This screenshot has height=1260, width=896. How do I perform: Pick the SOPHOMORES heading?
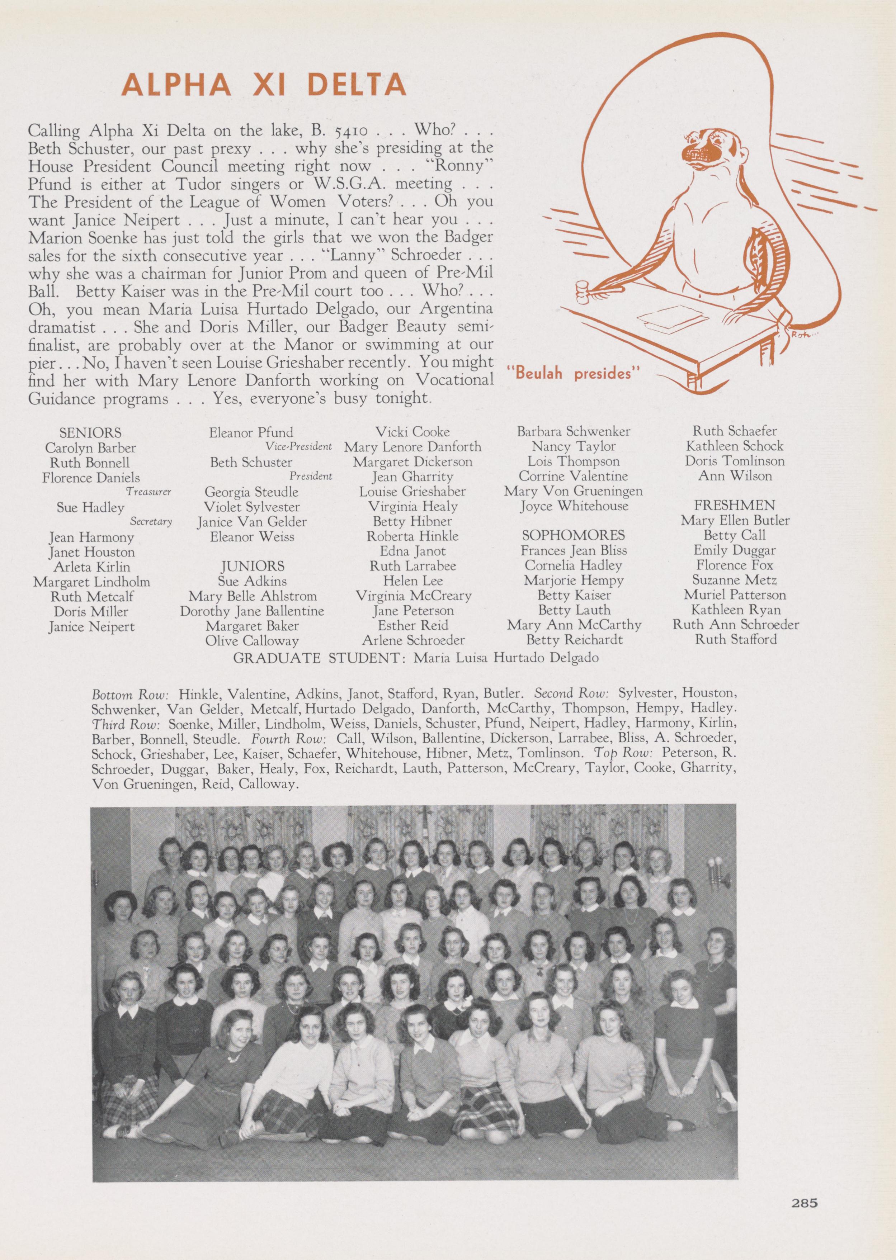pyautogui.click(x=573, y=535)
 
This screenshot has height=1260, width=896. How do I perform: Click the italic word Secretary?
pyautogui.click(x=151, y=521)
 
